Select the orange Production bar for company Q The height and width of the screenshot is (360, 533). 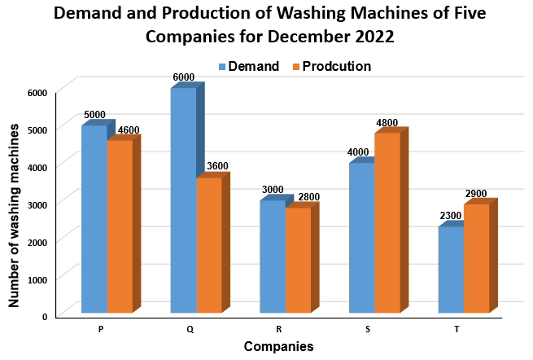point(209,244)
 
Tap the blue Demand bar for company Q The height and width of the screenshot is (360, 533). point(184,200)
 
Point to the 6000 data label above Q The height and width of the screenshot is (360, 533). point(184,77)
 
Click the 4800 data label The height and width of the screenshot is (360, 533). point(387,123)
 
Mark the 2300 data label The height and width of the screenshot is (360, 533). point(451,216)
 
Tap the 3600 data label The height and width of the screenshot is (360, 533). point(217,167)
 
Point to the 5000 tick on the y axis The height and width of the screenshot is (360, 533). point(37,129)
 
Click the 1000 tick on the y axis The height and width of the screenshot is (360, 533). point(37,279)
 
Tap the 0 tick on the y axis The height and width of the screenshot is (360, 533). point(46,316)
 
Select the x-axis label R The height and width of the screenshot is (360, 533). point(279,329)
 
